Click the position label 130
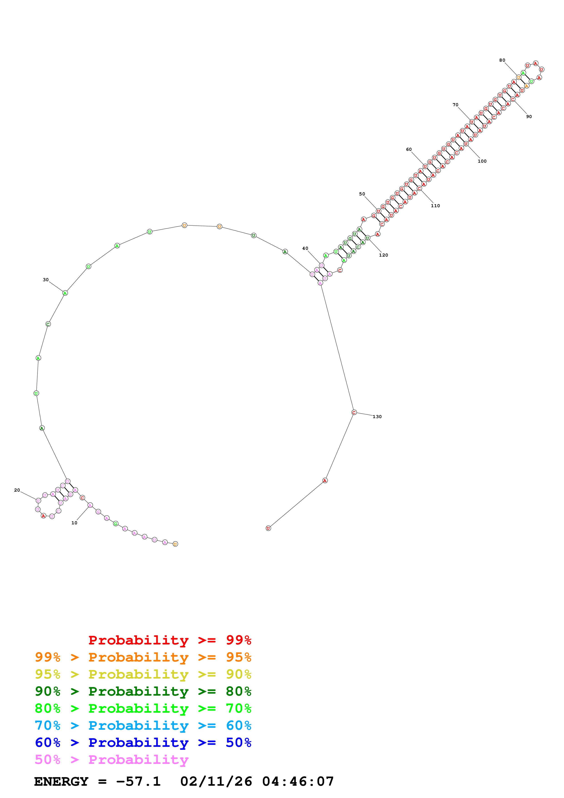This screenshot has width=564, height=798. click(x=377, y=417)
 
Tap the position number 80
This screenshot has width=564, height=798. click(x=502, y=60)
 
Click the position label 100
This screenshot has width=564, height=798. click(x=482, y=161)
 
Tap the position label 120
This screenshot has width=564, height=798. click(x=383, y=255)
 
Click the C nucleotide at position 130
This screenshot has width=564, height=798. click(x=354, y=413)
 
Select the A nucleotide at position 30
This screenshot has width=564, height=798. click(x=65, y=293)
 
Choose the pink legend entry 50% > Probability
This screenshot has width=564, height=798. click(x=111, y=760)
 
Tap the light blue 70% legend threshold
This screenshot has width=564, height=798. click(x=47, y=726)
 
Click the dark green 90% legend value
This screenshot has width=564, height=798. click(x=47, y=691)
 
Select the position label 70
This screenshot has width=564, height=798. click(x=455, y=105)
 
